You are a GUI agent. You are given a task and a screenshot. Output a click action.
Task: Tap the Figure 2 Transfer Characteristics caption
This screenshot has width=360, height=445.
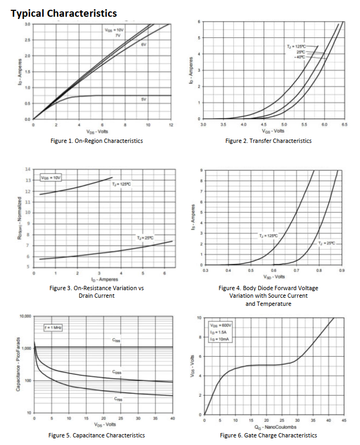269,141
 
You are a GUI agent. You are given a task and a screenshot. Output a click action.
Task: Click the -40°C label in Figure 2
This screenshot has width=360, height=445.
300,56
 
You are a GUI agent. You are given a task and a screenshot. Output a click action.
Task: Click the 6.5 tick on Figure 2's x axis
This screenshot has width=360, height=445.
345,125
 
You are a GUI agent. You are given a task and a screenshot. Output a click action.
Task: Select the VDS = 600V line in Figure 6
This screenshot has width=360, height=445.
221,325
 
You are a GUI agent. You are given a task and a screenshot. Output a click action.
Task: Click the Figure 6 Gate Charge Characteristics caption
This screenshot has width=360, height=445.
269,435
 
